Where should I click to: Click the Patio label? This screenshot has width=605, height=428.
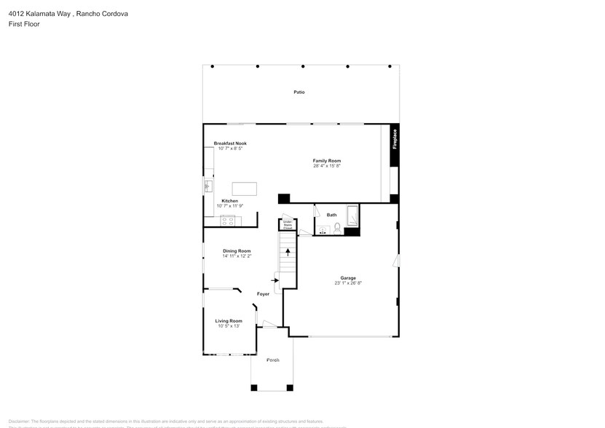click(x=298, y=92)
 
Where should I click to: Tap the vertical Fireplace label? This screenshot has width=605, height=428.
click(x=395, y=139)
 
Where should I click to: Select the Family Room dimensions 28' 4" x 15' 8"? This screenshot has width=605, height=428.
click(x=327, y=166)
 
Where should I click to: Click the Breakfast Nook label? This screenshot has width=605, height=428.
click(x=230, y=143)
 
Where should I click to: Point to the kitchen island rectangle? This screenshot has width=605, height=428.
click(x=245, y=189)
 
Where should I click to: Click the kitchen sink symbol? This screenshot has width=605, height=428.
click(x=207, y=186)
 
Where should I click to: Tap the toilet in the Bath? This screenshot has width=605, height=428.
click(x=338, y=228)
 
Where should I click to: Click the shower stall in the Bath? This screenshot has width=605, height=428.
click(x=352, y=216)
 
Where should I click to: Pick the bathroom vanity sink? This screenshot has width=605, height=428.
click(x=323, y=231)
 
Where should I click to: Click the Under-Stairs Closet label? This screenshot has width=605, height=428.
click(x=288, y=224)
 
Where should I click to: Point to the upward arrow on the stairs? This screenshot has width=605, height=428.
click(x=288, y=253)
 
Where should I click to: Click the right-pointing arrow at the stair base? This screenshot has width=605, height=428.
click(x=276, y=278)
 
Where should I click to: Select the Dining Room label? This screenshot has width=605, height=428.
click(x=237, y=251)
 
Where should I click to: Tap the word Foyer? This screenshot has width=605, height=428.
click(x=263, y=294)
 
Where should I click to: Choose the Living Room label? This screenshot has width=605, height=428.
click(x=228, y=321)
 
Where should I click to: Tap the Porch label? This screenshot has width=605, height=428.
click(x=272, y=360)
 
